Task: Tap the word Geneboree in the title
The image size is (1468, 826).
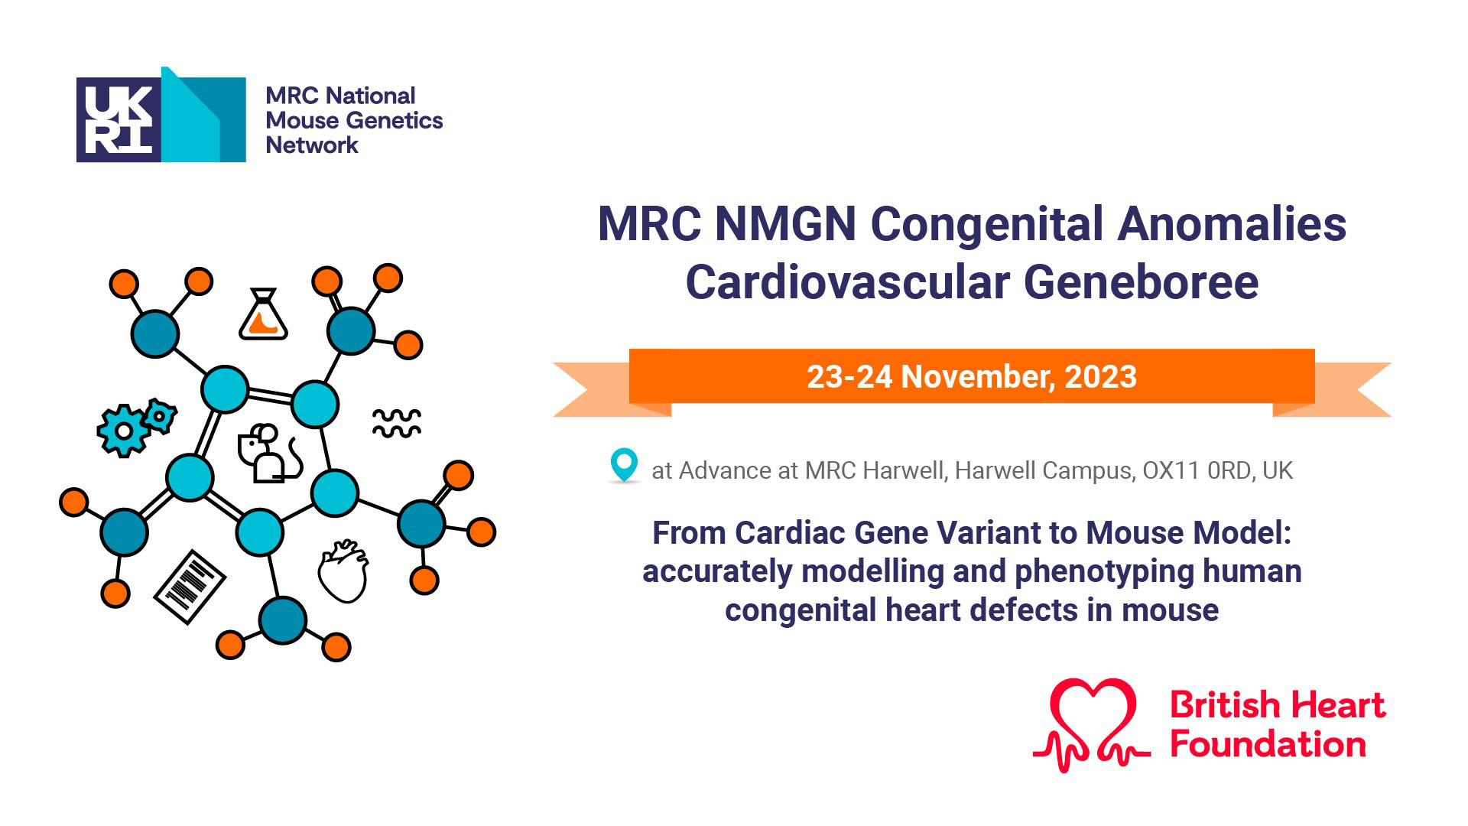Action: click(x=1141, y=282)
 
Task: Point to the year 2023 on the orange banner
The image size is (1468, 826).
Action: click(x=1100, y=377)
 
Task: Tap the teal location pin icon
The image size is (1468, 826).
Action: click(x=624, y=465)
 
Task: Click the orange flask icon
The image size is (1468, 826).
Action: click(x=263, y=314)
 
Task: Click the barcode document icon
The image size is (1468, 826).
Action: click(x=190, y=587)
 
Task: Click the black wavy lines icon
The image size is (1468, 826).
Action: click(x=397, y=423)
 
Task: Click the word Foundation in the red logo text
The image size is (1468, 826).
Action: click(x=1268, y=745)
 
